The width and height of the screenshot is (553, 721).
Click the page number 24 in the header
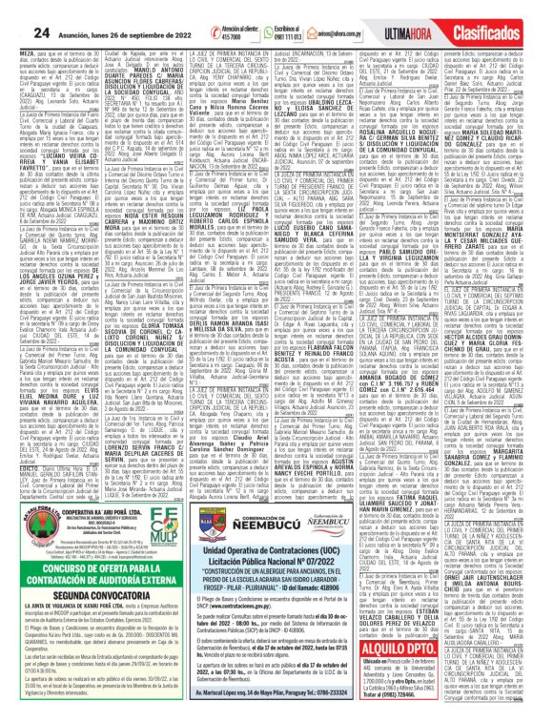click(16, 10)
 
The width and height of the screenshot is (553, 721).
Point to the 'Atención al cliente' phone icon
click(226, 10)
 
